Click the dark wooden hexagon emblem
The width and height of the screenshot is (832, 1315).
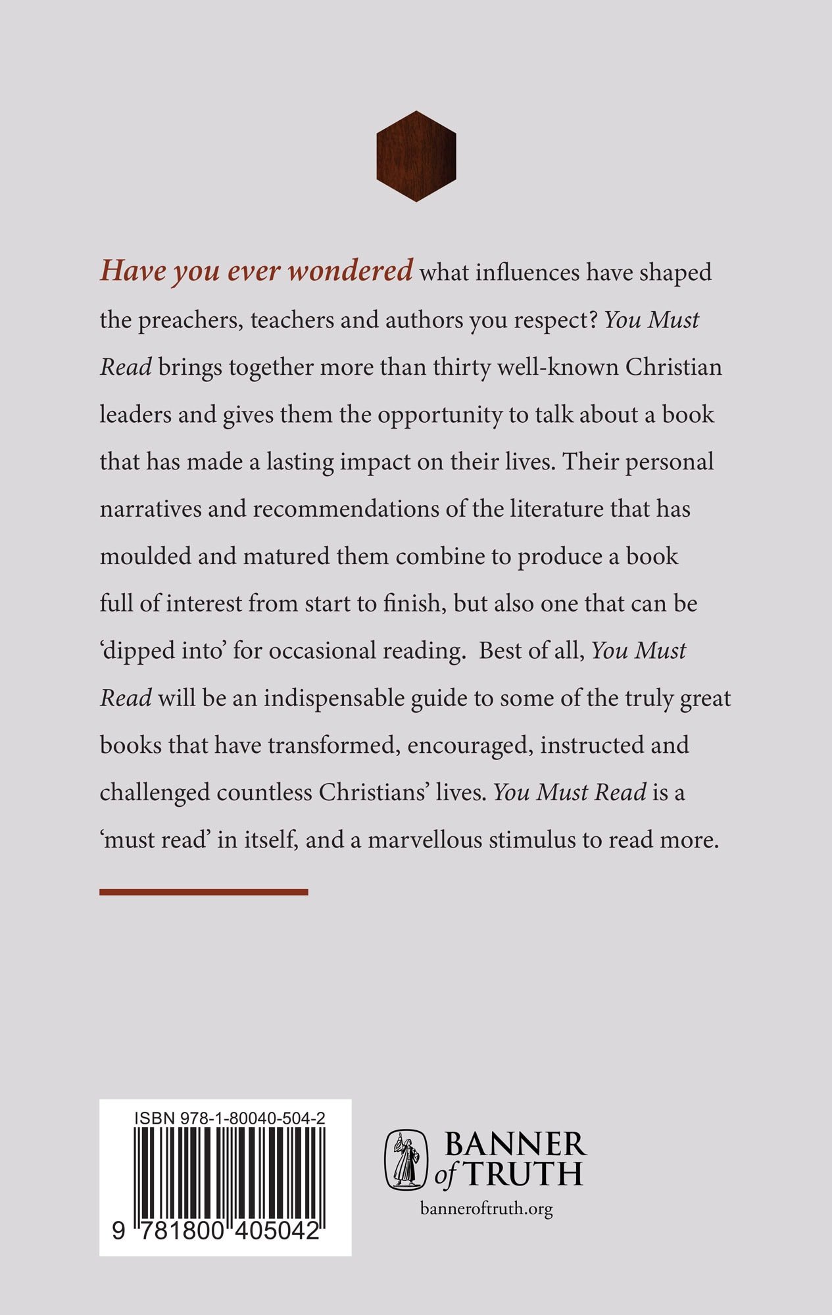coord(416,156)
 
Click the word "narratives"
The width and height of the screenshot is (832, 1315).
coord(151,509)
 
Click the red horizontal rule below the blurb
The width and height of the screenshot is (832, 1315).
coord(204,892)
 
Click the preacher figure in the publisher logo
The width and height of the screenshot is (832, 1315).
coord(406,1160)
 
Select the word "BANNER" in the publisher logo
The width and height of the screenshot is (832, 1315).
coord(515,1145)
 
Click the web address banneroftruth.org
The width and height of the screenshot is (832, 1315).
coord(485,1208)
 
